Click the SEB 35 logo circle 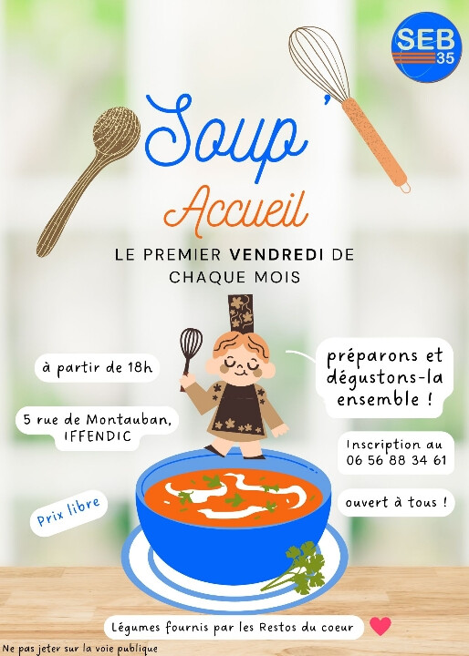(x=426, y=46)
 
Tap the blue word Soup (x=226, y=136)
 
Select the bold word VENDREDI (x=276, y=254)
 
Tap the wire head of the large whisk (x=318, y=62)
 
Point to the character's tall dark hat (x=241, y=313)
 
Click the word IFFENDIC (x=98, y=436)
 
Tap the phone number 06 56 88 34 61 (x=396, y=460)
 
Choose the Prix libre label (x=68, y=512)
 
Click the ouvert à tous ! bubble (x=396, y=502)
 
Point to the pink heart (x=380, y=626)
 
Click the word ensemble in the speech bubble (x=378, y=400)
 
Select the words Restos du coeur (x=306, y=628)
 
